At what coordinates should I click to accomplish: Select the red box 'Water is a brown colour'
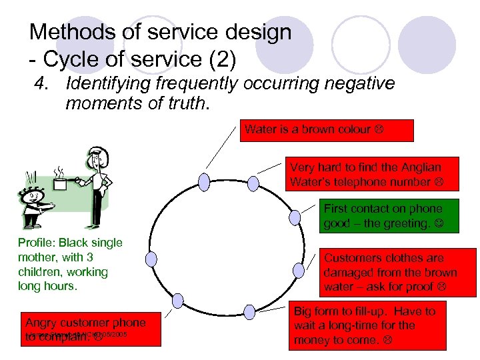(x=327, y=130)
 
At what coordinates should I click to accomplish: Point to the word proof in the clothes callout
(x=438, y=287)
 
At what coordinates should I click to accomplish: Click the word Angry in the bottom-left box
(x=41, y=323)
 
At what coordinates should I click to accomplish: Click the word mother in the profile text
(x=37, y=257)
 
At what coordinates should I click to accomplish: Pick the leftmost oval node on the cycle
(x=152, y=259)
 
